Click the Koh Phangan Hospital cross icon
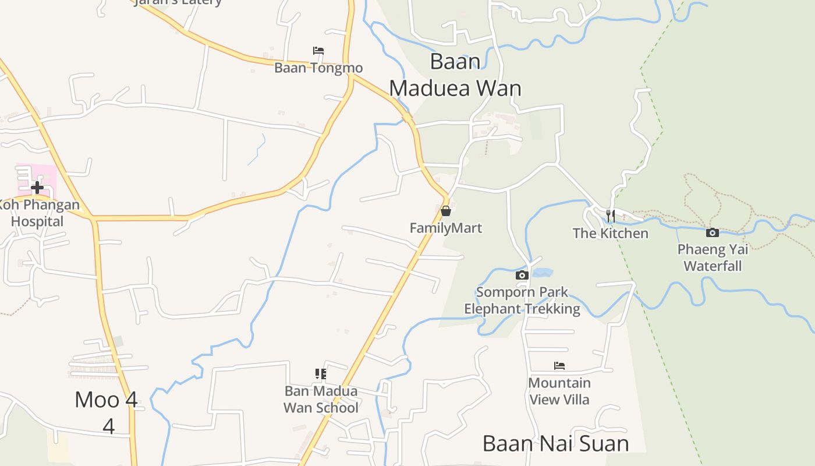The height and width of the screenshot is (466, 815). point(37,188)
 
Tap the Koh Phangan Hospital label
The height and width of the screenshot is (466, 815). point(38,213)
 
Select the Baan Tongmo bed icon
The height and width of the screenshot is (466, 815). point(318,51)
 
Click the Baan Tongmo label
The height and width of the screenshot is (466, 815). point(318,68)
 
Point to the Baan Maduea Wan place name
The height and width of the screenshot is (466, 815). point(455,75)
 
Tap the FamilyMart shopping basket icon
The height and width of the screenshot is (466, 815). point(446,211)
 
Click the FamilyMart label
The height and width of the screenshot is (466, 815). point(446,228)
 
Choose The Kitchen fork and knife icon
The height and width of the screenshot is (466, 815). point(610,216)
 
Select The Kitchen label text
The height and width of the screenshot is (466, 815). point(610,233)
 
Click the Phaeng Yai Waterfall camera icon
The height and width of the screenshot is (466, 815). point(713,233)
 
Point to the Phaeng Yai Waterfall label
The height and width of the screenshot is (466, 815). point(713,257)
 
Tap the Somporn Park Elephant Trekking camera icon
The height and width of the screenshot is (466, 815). point(522,275)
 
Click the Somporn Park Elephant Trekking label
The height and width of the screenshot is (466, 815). point(522,300)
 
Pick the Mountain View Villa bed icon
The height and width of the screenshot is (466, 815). point(559,366)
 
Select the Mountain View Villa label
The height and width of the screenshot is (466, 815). point(559,391)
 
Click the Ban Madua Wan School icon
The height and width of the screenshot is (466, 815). point(321,374)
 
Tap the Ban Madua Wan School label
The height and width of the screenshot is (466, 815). point(321,399)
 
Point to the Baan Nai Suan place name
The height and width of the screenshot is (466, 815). point(556,443)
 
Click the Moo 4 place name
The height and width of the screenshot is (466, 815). point(107,400)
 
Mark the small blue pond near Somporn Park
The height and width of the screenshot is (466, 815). point(542,272)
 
